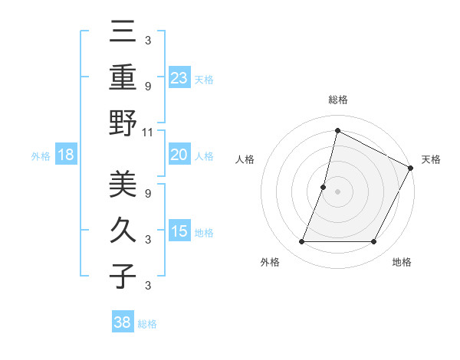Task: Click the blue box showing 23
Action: pyautogui.click(x=179, y=78)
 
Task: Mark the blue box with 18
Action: pyautogui.click(x=66, y=155)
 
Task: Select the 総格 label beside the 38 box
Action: pyautogui.click(x=147, y=324)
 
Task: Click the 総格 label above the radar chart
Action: pyautogui.click(x=338, y=100)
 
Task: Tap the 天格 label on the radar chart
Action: pyautogui.click(x=431, y=159)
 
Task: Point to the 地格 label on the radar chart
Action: pyautogui.click(x=402, y=262)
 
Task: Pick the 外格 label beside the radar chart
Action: pyautogui.click(x=270, y=262)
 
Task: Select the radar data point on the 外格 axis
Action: pyautogui.click(x=301, y=242)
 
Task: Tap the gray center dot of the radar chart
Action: pyautogui.click(x=337, y=191)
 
